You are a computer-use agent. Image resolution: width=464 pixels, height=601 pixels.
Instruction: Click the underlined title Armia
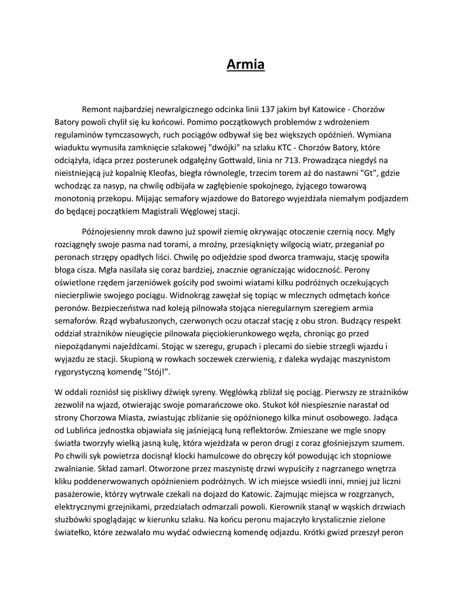(x=246, y=64)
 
